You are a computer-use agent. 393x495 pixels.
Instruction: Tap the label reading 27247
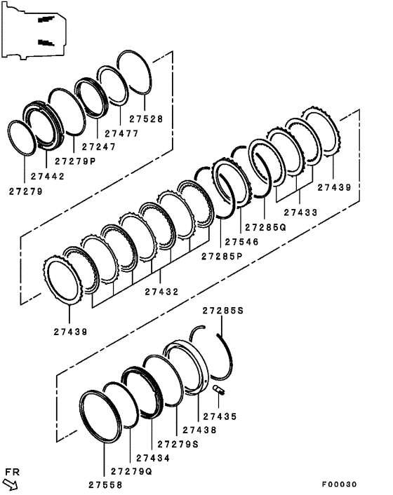[100, 147]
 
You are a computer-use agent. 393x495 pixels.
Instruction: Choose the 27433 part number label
[300, 212]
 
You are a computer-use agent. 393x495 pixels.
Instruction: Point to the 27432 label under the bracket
[162, 291]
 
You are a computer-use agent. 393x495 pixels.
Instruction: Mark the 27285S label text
[223, 310]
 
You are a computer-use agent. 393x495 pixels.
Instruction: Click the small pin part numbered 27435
[218, 390]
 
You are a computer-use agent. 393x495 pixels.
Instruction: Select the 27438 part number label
[199, 429]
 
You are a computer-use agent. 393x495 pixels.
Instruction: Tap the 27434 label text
[152, 457]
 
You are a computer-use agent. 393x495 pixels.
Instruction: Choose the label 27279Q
[132, 471]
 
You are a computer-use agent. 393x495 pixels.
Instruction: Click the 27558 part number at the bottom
[106, 484]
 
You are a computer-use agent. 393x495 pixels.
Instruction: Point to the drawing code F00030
[340, 484]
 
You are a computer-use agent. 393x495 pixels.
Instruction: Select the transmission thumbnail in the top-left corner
[35, 30]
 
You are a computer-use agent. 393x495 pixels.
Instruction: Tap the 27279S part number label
[178, 443]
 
